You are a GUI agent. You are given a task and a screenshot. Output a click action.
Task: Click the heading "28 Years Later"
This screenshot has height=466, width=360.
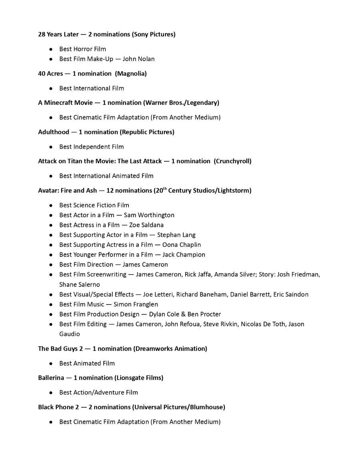(x=58, y=34)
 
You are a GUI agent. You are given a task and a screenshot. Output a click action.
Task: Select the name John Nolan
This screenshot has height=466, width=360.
(x=138, y=59)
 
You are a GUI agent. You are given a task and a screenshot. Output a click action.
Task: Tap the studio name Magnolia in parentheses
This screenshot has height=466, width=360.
(x=132, y=74)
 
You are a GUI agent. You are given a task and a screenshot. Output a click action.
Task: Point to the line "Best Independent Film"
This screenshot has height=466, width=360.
(x=92, y=147)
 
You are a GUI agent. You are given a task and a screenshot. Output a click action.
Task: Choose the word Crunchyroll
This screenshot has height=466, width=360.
(x=232, y=161)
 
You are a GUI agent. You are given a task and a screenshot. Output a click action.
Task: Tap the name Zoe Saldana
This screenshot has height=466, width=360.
(x=146, y=225)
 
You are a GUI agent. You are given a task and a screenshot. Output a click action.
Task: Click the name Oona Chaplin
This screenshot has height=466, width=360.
(x=181, y=245)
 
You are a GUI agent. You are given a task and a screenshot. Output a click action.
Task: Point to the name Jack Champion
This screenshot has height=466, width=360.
(x=184, y=255)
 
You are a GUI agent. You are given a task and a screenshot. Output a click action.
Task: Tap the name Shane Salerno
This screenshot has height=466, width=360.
(x=80, y=285)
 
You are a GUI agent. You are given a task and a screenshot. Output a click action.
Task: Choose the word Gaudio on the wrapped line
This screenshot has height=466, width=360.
(x=70, y=334)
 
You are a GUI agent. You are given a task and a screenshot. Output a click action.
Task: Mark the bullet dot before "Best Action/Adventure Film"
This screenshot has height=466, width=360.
(x=51, y=393)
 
